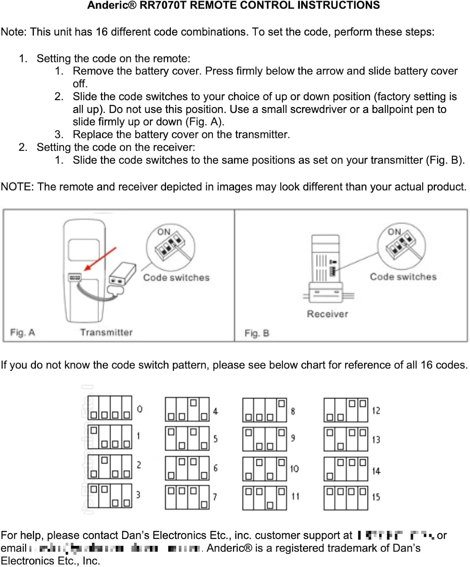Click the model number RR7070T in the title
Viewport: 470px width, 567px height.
click(x=163, y=5)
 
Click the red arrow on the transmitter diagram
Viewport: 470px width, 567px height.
click(x=100, y=259)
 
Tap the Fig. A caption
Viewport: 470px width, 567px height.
click(x=22, y=333)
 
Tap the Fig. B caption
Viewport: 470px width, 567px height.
click(x=257, y=333)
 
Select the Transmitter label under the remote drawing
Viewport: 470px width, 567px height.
click(x=106, y=332)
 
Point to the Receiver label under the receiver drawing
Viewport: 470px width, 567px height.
click(x=327, y=314)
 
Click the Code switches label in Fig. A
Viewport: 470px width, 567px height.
click(x=176, y=278)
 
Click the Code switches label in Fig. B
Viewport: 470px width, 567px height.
click(x=403, y=277)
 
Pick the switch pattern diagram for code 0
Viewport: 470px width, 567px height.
click(x=110, y=408)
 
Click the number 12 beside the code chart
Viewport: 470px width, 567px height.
click(x=376, y=411)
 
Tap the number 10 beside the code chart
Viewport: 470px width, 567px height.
click(x=294, y=469)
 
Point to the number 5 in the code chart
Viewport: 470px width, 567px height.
click(x=216, y=439)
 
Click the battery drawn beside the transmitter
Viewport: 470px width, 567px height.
click(x=122, y=274)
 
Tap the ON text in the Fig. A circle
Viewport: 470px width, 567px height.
click(x=164, y=232)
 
